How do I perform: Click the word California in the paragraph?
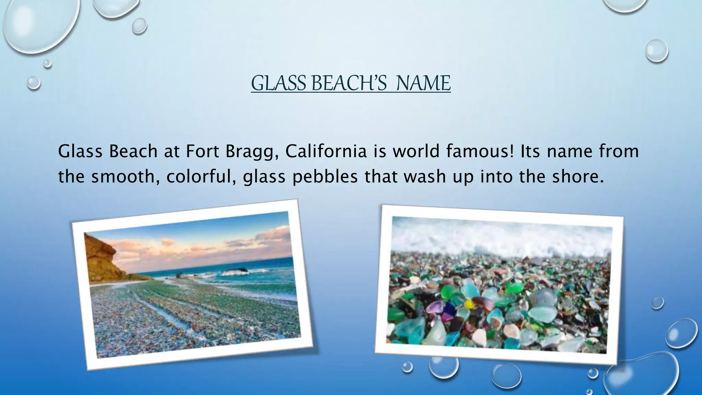(x=326, y=151)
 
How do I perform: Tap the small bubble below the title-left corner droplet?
(x=34, y=83)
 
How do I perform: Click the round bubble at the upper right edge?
(x=656, y=51)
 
